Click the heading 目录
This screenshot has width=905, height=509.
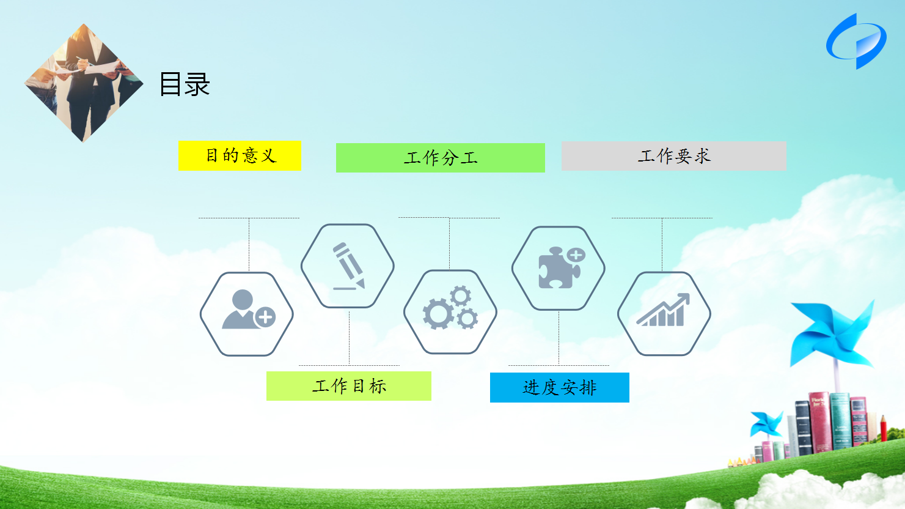click(x=185, y=84)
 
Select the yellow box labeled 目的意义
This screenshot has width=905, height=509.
click(x=240, y=156)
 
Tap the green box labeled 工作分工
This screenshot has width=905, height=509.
click(x=441, y=158)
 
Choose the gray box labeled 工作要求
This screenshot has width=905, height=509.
click(x=674, y=156)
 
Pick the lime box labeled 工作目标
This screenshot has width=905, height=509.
click(x=349, y=386)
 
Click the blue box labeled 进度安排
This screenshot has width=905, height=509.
click(x=560, y=388)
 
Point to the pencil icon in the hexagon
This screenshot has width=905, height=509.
click(x=349, y=266)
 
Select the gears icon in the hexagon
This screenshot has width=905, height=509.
click(x=450, y=308)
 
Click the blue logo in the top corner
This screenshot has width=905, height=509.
click(x=856, y=41)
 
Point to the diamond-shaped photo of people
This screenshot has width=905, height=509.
click(x=84, y=83)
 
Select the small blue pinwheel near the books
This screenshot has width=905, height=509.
click(x=766, y=424)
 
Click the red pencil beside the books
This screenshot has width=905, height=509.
click(x=883, y=428)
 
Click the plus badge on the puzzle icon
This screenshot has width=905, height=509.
click(x=576, y=255)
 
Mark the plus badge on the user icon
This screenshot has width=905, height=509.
click(x=265, y=318)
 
